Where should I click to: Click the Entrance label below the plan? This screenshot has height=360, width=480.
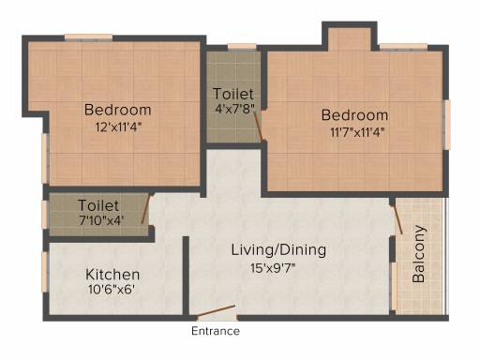(216, 331)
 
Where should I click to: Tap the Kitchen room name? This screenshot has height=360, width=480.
(112, 275)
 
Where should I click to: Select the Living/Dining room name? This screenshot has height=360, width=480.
(278, 250)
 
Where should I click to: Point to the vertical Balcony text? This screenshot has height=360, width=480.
(419, 254)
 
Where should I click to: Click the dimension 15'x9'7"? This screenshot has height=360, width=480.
(273, 268)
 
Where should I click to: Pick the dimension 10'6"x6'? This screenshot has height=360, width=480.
(112, 290)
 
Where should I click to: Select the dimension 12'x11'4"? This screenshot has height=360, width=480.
(119, 127)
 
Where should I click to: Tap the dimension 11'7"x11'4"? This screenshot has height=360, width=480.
(357, 132)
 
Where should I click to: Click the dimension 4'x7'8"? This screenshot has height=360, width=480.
(234, 109)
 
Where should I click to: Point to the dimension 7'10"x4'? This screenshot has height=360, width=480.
(101, 220)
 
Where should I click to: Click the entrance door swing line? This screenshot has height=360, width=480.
(216, 311)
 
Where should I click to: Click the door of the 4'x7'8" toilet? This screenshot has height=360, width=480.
(258, 127)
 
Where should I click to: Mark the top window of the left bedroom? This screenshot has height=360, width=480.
(88, 37)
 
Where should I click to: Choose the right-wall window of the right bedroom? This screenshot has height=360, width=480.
(447, 125)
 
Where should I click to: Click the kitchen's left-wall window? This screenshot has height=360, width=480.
(45, 272)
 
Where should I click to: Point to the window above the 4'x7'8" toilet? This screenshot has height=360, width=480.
(242, 47)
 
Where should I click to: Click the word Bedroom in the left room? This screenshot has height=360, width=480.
(118, 110)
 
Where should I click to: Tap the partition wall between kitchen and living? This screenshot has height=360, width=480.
(186, 276)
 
